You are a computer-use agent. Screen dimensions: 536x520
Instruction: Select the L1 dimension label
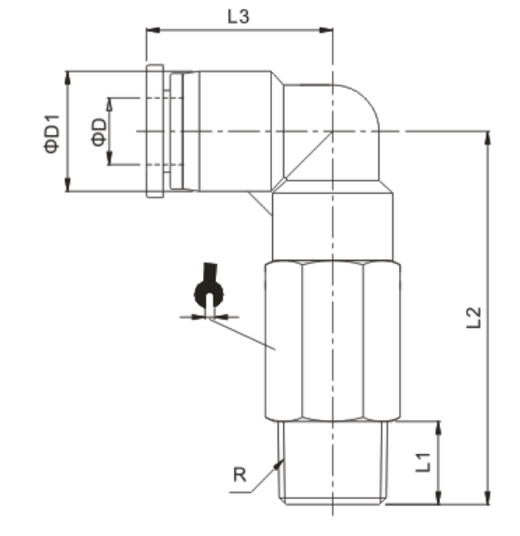[421, 460]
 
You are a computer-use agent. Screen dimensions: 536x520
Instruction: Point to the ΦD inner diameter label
[97, 131]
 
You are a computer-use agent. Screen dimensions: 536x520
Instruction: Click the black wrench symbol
[207, 291]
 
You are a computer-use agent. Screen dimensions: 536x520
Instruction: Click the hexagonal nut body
[333, 340]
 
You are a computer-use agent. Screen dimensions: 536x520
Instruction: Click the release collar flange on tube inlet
[155, 131]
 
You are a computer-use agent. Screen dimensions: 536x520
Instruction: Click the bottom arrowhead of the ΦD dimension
[110, 160]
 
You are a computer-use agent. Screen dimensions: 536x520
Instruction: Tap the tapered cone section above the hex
[333, 228]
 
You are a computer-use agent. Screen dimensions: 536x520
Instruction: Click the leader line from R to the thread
[267, 475]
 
